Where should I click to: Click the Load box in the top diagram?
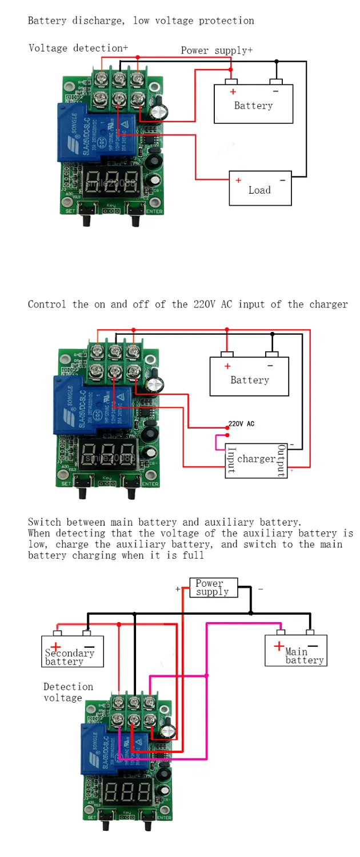260,188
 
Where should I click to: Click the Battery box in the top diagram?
253,103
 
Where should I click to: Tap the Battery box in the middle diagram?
249,377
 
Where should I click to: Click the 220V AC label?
241,424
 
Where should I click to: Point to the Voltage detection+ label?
78,48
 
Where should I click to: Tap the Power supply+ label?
217,50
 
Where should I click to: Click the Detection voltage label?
67,692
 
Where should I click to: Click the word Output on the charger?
281,460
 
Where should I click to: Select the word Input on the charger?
231,460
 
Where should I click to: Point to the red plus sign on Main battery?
278,646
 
